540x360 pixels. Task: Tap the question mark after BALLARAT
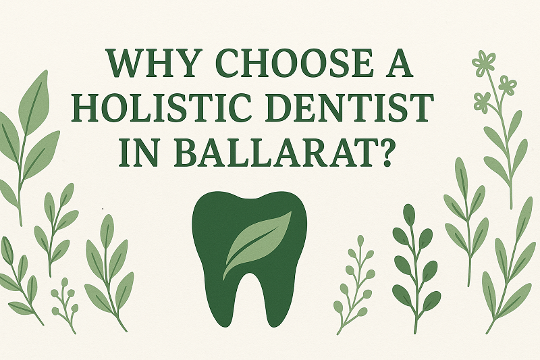(383, 152)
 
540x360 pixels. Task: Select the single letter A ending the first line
(398, 63)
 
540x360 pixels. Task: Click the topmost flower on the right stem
(483, 63)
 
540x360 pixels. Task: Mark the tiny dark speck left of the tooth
(103, 209)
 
